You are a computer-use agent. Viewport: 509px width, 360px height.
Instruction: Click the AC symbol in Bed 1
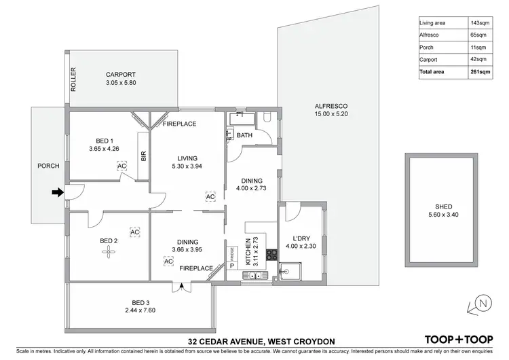[x=121, y=166]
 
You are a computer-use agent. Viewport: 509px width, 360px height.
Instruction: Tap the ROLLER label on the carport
[x=73, y=80]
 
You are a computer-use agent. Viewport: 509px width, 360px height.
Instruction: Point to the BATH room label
[x=244, y=136]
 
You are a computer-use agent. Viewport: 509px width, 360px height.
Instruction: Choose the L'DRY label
[x=301, y=238]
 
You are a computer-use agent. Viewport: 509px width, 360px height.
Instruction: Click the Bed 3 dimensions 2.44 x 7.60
[x=141, y=311]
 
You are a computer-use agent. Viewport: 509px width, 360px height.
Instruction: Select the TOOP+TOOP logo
[x=458, y=340]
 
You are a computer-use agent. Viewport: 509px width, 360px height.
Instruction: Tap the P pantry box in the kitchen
[x=231, y=266]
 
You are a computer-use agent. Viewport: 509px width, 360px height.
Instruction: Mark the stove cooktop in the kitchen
[x=272, y=255]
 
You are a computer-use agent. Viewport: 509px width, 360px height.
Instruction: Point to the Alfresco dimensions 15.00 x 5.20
[x=331, y=115]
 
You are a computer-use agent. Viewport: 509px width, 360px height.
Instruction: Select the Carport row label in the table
[x=429, y=59]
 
